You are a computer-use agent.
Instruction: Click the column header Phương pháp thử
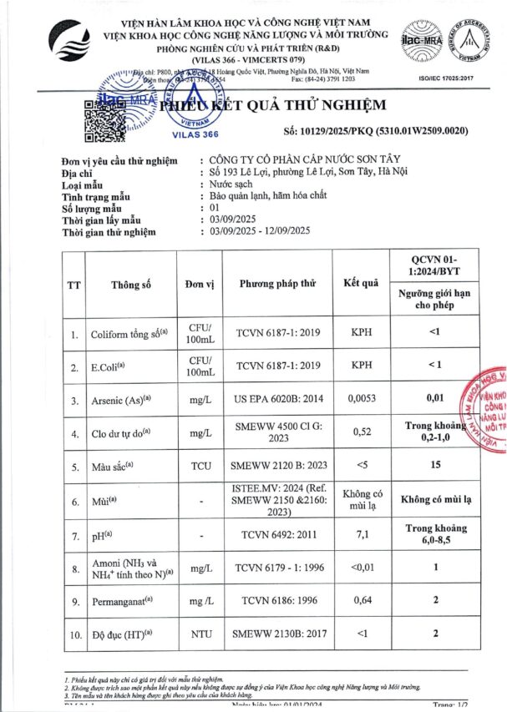[x=277, y=284]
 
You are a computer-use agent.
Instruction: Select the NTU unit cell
[x=200, y=634]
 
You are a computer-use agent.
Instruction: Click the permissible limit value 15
[x=435, y=465]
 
